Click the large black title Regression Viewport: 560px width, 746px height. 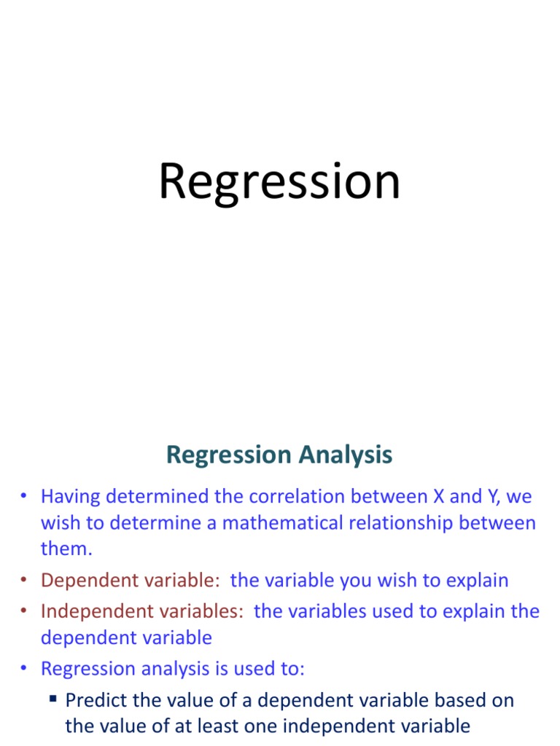[x=279, y=183]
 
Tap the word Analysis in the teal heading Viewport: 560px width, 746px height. [x=345, y=455]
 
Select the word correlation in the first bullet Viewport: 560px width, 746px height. [x=297, y=496]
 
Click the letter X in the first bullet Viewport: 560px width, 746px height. [x=438, y=496]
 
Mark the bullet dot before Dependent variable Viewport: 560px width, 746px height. [x=24, y=580]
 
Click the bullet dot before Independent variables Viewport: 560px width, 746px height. [x=24, y=611]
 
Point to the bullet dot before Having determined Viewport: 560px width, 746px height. [x=24, y=495]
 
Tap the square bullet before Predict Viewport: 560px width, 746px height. [x=52, y=699]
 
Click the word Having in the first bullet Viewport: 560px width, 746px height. [x=71, y=497]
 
